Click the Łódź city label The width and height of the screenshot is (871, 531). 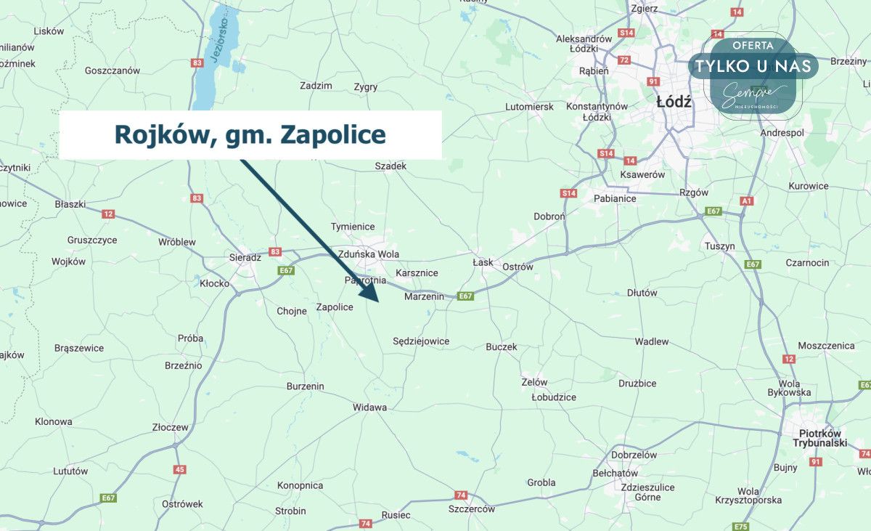(x=674, y=102)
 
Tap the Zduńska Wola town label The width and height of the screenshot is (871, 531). (x=368, y=254)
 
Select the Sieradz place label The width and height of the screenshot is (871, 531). (x=245, y=257)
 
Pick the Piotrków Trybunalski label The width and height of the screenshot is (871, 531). (x=819, y=438)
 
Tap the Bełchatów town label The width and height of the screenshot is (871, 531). (x=614, y=473)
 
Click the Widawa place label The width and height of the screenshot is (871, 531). (x=369, y=408)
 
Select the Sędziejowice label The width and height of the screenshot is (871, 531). (x=421, y=341)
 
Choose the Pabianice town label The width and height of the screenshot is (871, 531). (x=615, y=198)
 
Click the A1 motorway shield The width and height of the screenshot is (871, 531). (x=747, y=200)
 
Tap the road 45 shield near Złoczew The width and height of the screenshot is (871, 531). (x=179, y=469)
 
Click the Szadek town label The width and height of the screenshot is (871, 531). (x=390, y=166)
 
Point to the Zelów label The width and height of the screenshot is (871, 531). (x=534, y=382)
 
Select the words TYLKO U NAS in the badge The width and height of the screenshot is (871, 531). (x=753, y=66)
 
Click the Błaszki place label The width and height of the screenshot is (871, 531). (x=70, y=204)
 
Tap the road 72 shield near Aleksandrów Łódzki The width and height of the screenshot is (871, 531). (x=623, y=60)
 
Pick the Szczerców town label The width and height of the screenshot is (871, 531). (x=471, y=509)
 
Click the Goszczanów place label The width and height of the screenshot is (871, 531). (x=112, y=70)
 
